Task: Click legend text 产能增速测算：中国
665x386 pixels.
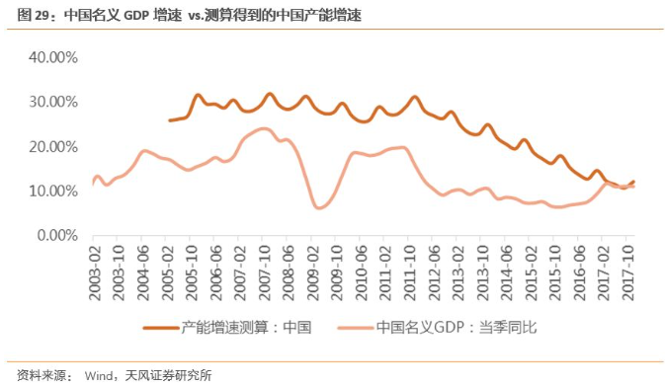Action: click(x=247, y=327)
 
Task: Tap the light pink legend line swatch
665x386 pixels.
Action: click(x=356, y=327)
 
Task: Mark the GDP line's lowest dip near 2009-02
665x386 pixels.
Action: click(x=318, y=207)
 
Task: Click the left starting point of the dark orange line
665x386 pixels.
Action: click(x=170, y=120)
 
